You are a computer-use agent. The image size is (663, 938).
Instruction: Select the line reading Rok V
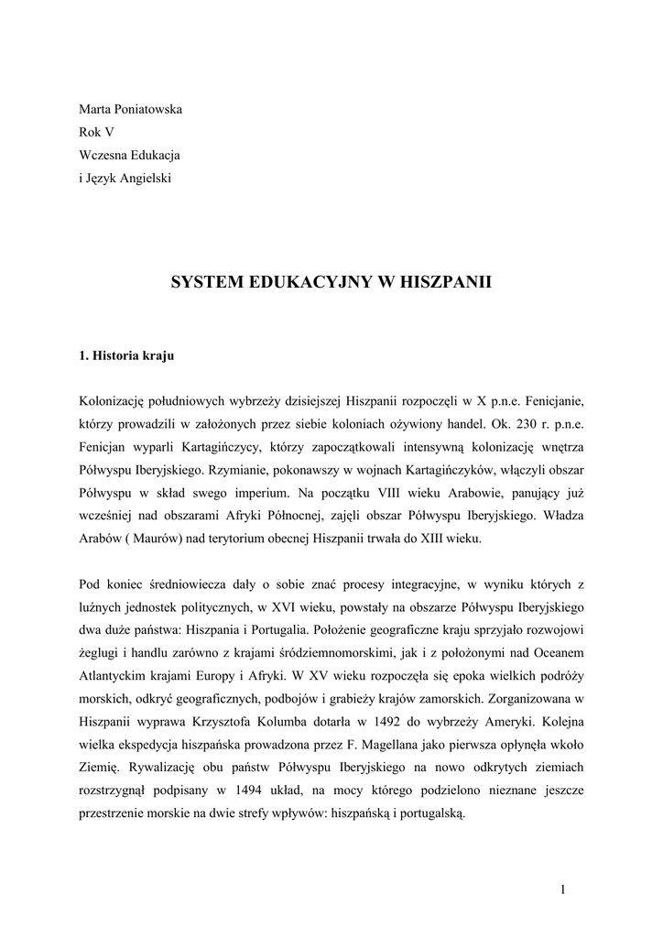pos(96,132)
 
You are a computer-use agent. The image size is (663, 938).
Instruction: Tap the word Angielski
pos(143,178)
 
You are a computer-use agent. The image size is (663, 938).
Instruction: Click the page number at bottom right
pos(563,889)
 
